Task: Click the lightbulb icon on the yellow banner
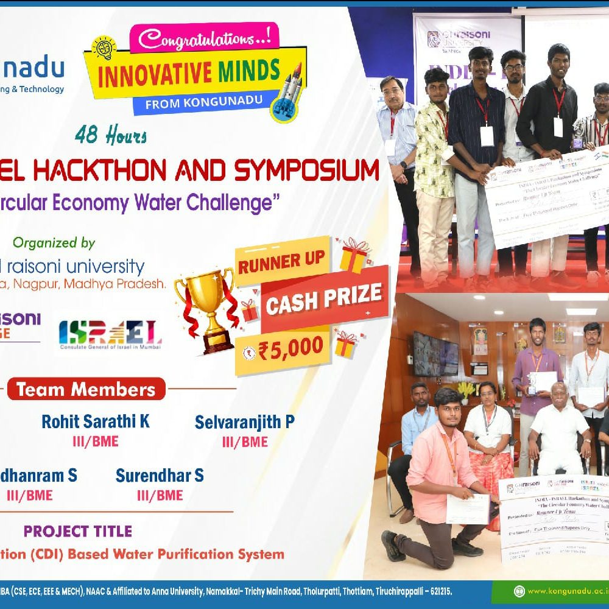(104, 48)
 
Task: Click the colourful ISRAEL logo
(110, 334)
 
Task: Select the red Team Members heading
(86, 389)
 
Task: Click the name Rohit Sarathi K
(96, 421)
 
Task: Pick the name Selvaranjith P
(244, 421)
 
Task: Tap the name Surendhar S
(160, 476)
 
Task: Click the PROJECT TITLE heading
(78, 531)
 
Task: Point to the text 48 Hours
(111, 135)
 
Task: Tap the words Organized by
(54, 243)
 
